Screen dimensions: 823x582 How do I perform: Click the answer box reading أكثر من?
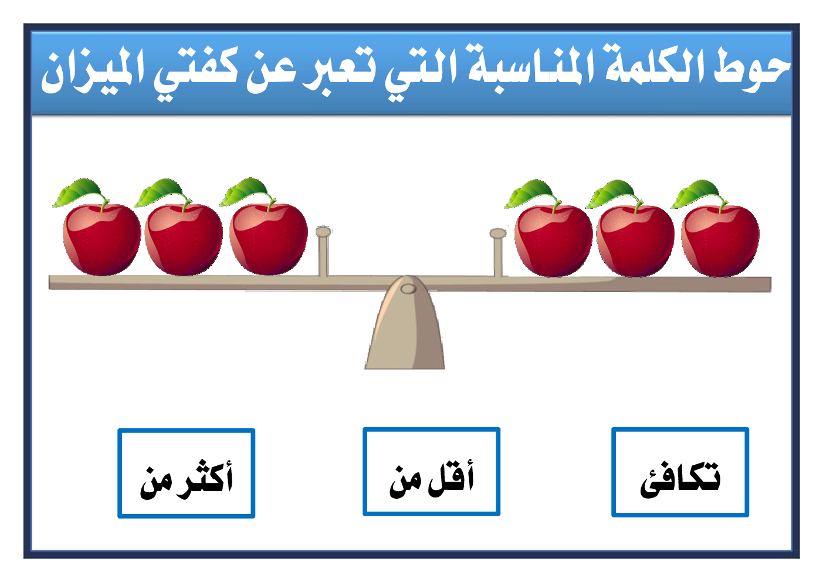point(187,473)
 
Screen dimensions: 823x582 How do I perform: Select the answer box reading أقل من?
point(431,472)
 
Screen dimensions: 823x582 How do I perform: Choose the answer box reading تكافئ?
point(680,472)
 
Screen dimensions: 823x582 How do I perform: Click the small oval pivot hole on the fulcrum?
point(408,289)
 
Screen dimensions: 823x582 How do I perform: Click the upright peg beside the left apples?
point(323,251)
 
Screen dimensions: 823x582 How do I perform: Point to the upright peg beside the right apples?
point(498,253)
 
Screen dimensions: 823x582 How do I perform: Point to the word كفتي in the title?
point(196,73)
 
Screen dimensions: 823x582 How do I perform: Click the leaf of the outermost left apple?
point(78,192)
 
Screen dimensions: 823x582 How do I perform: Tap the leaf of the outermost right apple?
point(696,193)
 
